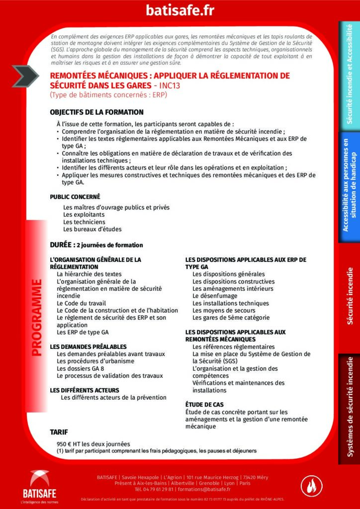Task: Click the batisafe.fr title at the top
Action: (x=180, y=10)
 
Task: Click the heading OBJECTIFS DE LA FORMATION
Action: (x=96, y=112)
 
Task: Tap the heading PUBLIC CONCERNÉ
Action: (x=75, y=197)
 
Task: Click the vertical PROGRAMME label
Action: (x=36, y=318)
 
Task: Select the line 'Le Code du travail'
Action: (x=82, y=303)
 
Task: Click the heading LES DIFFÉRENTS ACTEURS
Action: (x=85, y=390)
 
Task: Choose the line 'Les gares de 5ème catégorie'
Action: (x=231, y=318)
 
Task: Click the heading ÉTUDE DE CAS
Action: (x=204, y=405)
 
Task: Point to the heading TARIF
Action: (x=59, y=431)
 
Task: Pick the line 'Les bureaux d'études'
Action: (x=92, y=229)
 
